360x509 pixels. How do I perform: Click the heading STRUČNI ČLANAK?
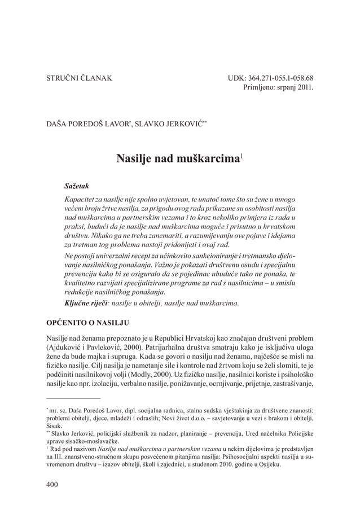click(x=78, y=78)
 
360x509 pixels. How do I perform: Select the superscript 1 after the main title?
click(x=242, y=156)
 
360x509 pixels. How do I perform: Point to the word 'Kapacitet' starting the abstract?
click(x=80, y=200)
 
